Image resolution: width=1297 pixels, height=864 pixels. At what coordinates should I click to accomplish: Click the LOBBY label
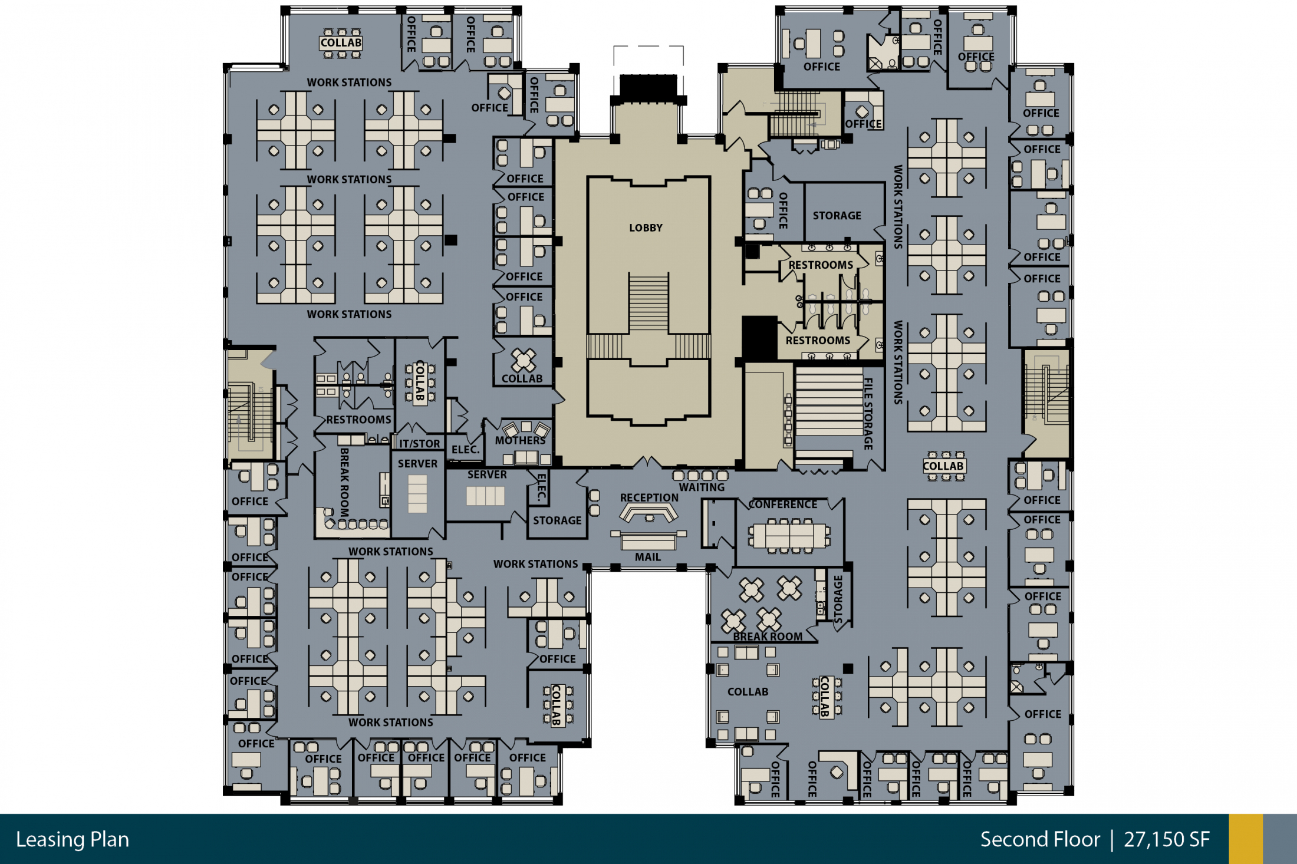click(x=646, y=227)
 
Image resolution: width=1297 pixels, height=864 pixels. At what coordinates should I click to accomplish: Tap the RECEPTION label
click(x=649, y=497)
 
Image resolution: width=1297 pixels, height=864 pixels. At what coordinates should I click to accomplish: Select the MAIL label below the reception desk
click(x=647, y=557)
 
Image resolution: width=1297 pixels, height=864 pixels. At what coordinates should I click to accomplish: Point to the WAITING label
click(x=702, y=487)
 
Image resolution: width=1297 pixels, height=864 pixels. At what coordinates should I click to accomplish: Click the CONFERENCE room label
click(x=783, y=504)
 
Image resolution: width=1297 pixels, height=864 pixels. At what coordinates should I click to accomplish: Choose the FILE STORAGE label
click(x=868, y=414)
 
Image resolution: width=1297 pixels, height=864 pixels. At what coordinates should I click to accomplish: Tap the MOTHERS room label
click(x=520, y=440)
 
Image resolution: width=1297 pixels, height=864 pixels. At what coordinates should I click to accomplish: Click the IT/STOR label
click(x=420, y=444)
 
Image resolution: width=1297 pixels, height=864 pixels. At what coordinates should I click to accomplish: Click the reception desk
click(x=648, y=516)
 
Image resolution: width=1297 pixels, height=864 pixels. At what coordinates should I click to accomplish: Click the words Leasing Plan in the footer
click(x=73, y=839)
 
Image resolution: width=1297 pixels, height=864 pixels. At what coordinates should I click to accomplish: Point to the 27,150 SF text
click(x=1167, y=839)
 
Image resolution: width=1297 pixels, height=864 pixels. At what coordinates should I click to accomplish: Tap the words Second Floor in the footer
click(x=1040, y=839)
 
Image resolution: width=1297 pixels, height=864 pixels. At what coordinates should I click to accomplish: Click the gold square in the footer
click(x=1246, y=839)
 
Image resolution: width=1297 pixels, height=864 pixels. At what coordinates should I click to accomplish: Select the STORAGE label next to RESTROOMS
click(x=837, y=216)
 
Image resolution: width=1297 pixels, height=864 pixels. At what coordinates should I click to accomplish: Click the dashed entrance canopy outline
click(x=648, y=47)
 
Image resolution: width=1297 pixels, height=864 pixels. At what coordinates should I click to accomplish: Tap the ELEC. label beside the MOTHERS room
click(x=465, y=450)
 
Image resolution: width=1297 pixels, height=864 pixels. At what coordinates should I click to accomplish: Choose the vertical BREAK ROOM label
click(x=344, y=482)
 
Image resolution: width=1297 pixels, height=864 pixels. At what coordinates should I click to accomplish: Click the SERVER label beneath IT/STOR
click(x=417, y=464)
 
